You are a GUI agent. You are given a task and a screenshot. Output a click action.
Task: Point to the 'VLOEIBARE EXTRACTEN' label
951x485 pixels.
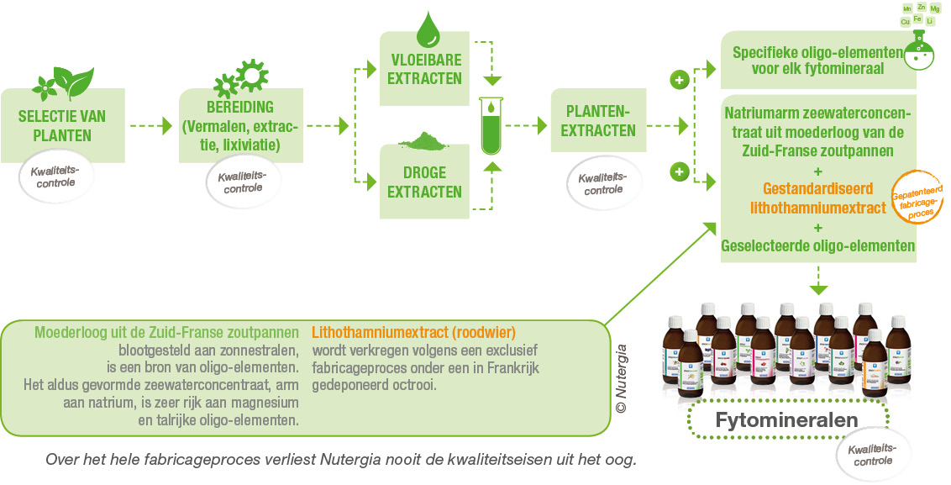pyautogui.click(x=425, y=70)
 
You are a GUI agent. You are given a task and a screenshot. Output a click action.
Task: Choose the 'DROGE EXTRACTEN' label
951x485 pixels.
pyautogui.click(x=425, y=182)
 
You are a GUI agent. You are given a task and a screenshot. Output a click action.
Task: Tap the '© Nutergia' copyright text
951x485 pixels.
pyautogui.click(x=621, y=378)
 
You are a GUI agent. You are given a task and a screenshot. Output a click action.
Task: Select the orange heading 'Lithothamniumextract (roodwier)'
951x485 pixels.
pyautogui.click(x=412, y=331)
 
